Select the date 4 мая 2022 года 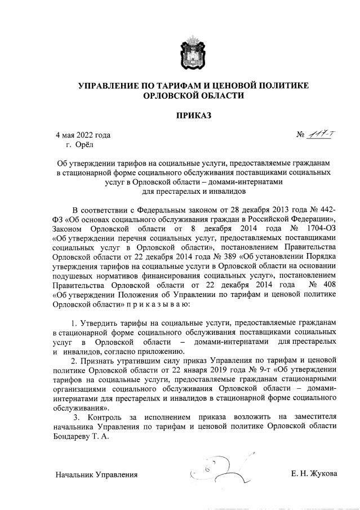82,135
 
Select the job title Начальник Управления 96,474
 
